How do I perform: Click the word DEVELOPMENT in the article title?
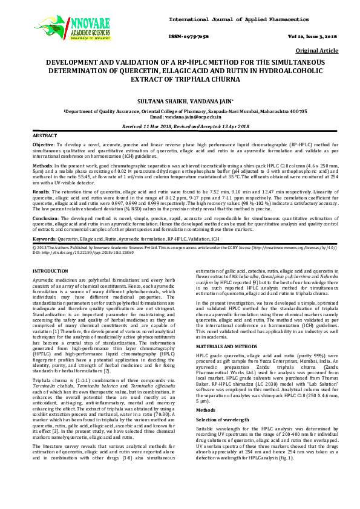pyautogui.click(x=82, y=62)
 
